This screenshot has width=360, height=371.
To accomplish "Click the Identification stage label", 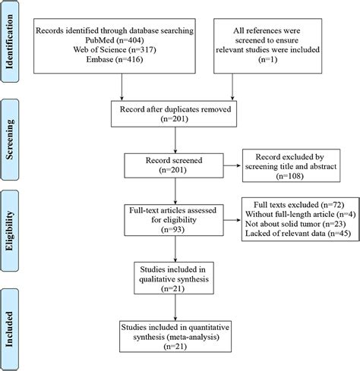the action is [x=9, y=42].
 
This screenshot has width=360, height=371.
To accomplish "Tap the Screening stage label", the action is [x=9, y=140].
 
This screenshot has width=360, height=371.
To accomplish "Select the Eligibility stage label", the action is [x=9, y=231].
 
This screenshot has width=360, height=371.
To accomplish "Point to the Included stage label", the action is [x=9, y=329].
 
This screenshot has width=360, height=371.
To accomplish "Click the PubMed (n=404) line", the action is [x=115, y=40].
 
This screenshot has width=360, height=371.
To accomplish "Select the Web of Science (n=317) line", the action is [x=115, y=49].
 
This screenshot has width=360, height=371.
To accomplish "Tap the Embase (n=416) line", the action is [x=115, y=59].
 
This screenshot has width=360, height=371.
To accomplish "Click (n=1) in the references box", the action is [x=268, y=59].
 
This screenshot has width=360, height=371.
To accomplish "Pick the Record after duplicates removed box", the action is [x=174, y=114].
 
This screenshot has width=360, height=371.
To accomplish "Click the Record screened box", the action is [x=174, y=165].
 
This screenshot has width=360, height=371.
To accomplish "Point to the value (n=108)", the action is [x=290, y=176].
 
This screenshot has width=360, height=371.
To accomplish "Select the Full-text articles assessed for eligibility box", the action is [x=174, y=220].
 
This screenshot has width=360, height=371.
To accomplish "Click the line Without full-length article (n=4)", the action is [x=301, y=214].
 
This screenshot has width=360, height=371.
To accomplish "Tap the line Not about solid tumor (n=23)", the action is [x=295, y=224].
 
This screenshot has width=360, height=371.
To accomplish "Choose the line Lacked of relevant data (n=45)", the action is [x=298, y=233].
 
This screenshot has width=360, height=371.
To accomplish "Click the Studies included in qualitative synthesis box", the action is [x=174, y=278].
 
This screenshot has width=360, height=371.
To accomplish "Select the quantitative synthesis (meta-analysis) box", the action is [x=175, y=337].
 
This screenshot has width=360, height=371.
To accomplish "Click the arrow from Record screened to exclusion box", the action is [x=232, y=165].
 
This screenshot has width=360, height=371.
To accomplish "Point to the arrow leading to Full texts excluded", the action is [x=232, y=220].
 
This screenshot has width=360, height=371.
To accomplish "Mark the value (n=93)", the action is [x=173, y=229].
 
